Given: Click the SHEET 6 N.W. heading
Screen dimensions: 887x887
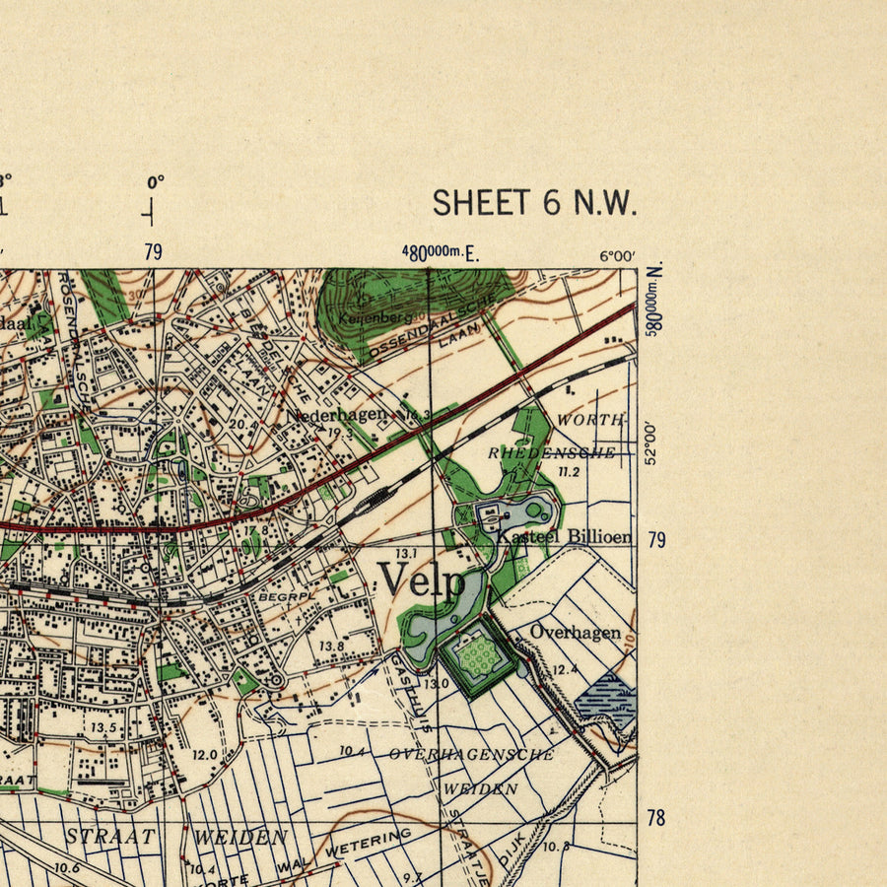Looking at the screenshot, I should pyautogui.click(x=534, y=202).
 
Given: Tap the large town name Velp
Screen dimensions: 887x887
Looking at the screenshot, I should pyautogui.click(x=423, y=580).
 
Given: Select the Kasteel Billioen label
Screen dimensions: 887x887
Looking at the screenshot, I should pyautogui.click(x=565, y=537).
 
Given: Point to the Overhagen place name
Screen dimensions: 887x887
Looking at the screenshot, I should pyautogui.click(x=576, y=632).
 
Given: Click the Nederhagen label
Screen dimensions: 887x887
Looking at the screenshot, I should pyautogui.click(x=336, y=415).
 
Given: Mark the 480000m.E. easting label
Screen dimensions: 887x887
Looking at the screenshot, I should pyautogui.click(x=440, y=252).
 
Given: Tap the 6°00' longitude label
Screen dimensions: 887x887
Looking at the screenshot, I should pyautogui.click(x=617, y=256).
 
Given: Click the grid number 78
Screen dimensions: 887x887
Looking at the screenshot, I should pyautogui.click(x=655, y=817).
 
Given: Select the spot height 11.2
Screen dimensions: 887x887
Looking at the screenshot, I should pyautogui.click(x=569, y=472).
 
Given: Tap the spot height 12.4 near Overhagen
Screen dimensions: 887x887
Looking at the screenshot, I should pyautogui.click(x=564, y=670).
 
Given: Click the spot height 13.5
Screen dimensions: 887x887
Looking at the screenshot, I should pyautogui.click(x=103, y=727).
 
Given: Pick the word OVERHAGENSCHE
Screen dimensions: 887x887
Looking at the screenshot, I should pyautogui.click(x=471, y=754).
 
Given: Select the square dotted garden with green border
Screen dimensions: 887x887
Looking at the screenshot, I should pyautogui.click(x=479, y=657).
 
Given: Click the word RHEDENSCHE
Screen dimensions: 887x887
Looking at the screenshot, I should pyautogui.click(x=551, y=452).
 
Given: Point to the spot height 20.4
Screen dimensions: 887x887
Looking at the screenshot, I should pyautogui.click(x=243, y=425).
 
